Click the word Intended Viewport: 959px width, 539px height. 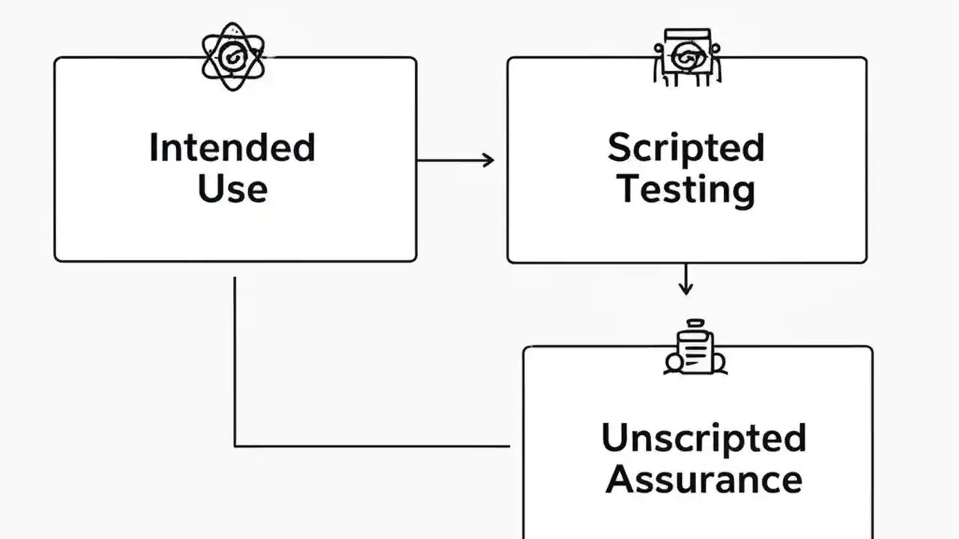pyautogui.click(x=232, y=147)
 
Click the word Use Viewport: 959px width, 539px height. pyautogui.click(x=232, y=188)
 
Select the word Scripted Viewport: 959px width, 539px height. pyautogui.click(x=686, y=148)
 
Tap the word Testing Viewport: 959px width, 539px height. pyautogui.click(x=686, y=189)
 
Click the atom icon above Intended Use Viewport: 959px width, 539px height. pyautogui.click(x=233, y=56)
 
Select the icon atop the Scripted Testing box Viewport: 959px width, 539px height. pyautogui.click(x=686, y=56)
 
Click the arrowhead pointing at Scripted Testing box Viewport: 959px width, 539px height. pyautogui.click(x=488, y=160)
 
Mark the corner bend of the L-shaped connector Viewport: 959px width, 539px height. pyautogui.click(x=235, y=446)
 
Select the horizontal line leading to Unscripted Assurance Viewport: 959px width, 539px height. pyautogui.click(x=375, y=446)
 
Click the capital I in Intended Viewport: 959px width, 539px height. pyautogui.click(x=153, y=147)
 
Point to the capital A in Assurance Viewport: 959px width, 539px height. pyautogui.click(x=619, y=479)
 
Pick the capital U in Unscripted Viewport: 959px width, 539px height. pyautogui.click(x=614, y=439)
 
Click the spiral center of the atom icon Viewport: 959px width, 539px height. pyautogui.click(x=233, y=55)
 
